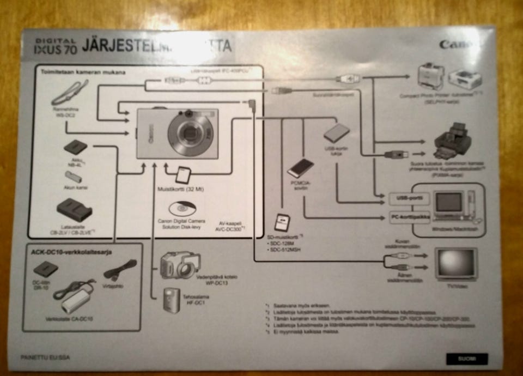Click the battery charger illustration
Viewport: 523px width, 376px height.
pos(74,210)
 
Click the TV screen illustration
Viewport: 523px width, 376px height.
pos(455,263)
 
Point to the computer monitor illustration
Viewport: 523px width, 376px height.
pos(448,203)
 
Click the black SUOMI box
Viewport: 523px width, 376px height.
pos(466,359)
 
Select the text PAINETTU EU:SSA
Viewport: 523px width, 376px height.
pos(45,357)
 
